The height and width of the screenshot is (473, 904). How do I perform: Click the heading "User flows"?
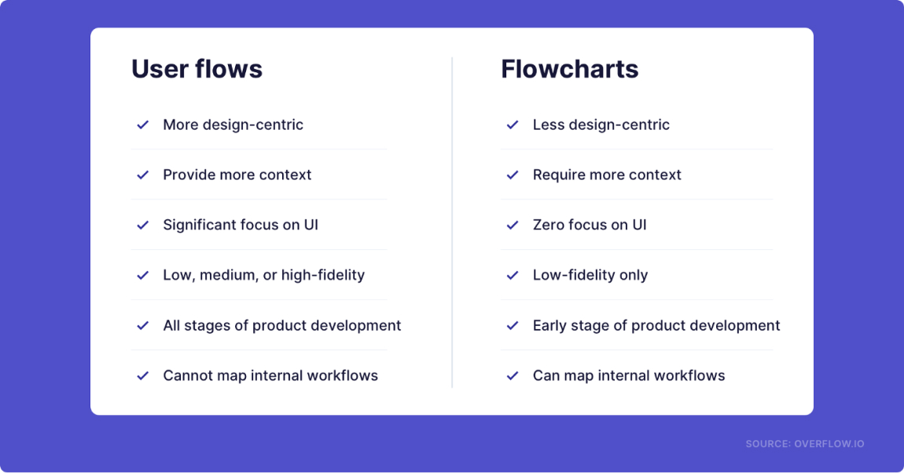click(197, 69)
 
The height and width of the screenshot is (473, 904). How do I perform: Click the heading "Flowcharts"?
click(569, 69)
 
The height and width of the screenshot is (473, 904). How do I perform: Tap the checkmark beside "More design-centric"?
click(143, 125)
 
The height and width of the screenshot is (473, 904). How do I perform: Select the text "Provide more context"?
click(237, 174)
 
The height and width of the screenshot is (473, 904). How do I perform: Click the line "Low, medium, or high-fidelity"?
click(263, 275)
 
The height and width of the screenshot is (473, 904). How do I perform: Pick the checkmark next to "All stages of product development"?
click(143, 325)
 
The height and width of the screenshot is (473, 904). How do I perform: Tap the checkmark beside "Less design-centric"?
click(513, 125)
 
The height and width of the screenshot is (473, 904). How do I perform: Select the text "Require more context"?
click(607, 174)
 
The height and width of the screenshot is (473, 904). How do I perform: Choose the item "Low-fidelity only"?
click(590, 275)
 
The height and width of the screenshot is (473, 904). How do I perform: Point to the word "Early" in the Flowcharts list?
click(549, 325)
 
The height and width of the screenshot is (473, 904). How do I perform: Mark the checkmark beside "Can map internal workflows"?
click(513, 376)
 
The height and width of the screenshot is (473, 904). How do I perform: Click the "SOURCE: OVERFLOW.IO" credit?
click(804, 444)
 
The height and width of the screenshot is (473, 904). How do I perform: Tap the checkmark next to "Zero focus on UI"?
click(513, 225)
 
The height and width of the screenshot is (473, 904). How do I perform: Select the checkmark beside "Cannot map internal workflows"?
click(143, 376)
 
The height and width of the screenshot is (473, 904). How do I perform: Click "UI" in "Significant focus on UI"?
click(311, 225)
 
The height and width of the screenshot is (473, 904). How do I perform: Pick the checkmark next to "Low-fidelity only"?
click(513, 275)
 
